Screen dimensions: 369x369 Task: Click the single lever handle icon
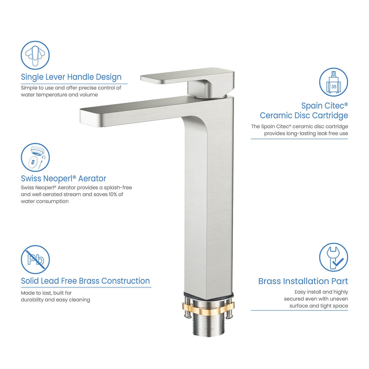(x=35, y=55)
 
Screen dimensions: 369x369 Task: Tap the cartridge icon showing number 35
(x=334, y=82)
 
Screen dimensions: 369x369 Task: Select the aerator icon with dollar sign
(x=35, y=157)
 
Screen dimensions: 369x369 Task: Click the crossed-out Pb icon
(x=35, y=259)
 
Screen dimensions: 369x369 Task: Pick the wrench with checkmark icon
(x=334, y=257)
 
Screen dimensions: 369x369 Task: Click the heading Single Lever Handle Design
(x=71, y=77)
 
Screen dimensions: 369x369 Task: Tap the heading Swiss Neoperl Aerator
(x=63, y=178)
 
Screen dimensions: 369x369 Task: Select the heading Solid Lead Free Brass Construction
(x=85, y=281)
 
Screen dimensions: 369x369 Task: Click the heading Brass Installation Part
(x=303, y=281)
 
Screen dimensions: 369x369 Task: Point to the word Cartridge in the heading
(x=330, y=115)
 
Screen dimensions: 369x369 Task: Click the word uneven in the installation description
(x=339, y=299)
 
